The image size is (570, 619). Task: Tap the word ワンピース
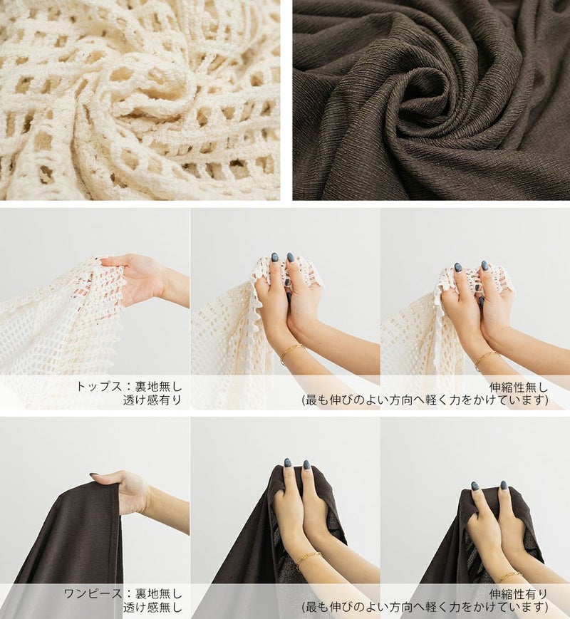coord(93,593)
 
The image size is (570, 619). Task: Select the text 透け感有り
coord(152,400)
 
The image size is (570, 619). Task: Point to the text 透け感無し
coord(152,607)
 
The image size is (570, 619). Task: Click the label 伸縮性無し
coord(519,387)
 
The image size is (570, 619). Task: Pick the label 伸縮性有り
coord(519,594)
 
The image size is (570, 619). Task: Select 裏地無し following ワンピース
coord(158,593)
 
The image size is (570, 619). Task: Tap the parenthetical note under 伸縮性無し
coord(425,400)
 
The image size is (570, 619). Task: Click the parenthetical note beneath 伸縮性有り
coord(425,607)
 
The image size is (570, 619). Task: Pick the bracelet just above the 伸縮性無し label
coord(485,359)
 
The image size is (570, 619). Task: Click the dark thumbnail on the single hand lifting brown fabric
coord(94,474)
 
